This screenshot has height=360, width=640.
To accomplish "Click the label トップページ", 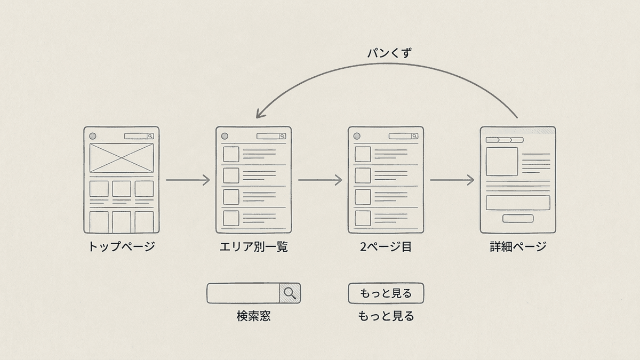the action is point(122,246).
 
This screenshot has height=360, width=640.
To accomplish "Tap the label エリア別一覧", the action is point(254,246).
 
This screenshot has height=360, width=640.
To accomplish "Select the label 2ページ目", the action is point(386,246).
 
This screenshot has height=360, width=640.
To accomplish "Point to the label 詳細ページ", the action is point(518,246).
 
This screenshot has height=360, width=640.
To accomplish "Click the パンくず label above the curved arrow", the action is point(389,53).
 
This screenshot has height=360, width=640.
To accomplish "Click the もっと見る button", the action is point(386,293).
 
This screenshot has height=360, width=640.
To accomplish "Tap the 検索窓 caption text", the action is point(253,316).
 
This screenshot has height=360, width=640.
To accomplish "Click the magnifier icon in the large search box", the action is point(290,293).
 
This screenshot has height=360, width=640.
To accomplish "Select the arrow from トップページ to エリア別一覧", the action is point(188,180).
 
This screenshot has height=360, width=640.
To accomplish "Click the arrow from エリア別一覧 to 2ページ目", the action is point(320,180).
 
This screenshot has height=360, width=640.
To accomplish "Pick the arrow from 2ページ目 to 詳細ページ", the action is point(452,180).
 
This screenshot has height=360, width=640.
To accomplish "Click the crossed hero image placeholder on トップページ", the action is point(122,158).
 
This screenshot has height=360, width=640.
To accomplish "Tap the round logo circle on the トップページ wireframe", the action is point(93,136).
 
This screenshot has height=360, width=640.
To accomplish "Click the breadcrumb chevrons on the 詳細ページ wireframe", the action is point(505,140).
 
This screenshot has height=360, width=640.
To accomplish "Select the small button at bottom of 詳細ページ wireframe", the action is point(518,218).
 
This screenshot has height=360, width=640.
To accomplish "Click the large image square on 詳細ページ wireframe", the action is point(502,162).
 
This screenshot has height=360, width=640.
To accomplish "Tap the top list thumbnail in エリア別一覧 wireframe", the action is point(231,154).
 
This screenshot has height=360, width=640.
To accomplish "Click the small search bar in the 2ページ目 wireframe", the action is point(403,136).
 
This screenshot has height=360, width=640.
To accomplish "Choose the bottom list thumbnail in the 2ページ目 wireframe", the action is point(363,218).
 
